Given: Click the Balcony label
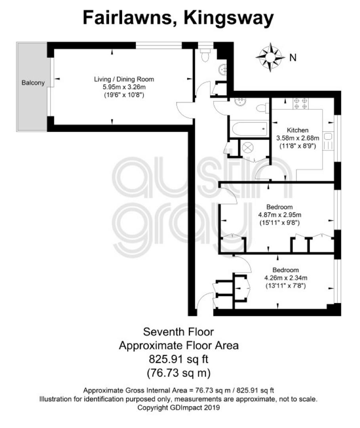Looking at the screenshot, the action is pos(33,83).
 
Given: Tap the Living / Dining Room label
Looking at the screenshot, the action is pos(124,79).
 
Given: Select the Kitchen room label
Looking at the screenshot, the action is pos(297,130).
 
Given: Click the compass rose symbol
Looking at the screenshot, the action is pos(270,57).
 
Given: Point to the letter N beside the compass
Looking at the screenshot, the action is pos(293,57).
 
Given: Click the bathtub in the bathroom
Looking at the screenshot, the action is pos(250,129).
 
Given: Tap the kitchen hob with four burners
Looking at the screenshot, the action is pos(301,103).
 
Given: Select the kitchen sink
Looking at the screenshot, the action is pos(328,141).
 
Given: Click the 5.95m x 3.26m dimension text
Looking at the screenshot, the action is pos(124,87).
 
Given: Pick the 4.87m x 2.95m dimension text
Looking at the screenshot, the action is pos(280,215).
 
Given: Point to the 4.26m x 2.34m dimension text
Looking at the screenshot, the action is pos(286,278).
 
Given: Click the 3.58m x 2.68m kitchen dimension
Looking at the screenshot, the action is pos(297,138).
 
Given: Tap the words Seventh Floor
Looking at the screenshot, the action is pos(179,332).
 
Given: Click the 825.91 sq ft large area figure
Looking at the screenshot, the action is pos(179,359).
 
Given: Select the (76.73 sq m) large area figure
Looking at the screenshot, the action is pos(179,373).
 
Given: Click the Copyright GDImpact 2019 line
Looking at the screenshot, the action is pos(179,408).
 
